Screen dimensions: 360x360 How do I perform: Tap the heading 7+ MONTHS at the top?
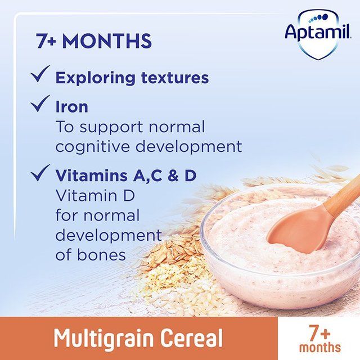94,41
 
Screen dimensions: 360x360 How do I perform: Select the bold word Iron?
71,106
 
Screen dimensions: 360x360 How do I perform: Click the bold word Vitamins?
90,175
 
